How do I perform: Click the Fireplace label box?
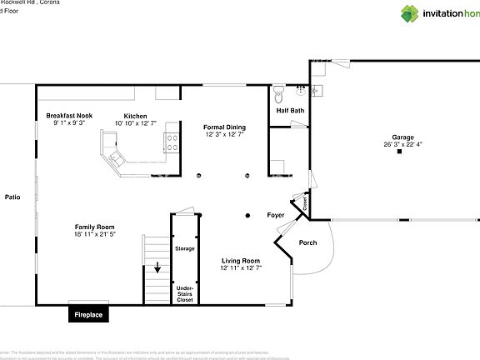pyautogui.click(x=88, y=315)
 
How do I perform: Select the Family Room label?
pyautogui.click(x=94, y=227)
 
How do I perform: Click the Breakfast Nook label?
pyautogui.click(x=69, y=116)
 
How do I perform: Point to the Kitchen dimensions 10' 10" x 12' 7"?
pyautogui.click(x=135, y=123)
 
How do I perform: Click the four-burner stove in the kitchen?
pyautogui.click(x=172, y=142)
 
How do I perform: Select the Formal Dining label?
pyautogui.click(x=224, y=127)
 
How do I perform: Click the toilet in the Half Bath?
pyautogui.click(x=279, y=92)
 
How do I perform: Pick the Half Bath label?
pyautogui.click(x=290, y=111)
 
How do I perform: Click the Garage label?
pyautogui.click(x=403, y=137)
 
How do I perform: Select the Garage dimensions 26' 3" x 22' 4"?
pyautogui.click(x=403, y=144)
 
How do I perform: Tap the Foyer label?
pyautogui.click(x=275, y=215)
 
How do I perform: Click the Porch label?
pyautogui.click(x=307, y=243)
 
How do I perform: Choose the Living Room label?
pyautogui.click(x=240, y=261)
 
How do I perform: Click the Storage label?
pyautogui.click(x=184, y=248)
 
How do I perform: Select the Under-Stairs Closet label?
pyautogui.click(x=184, y=293)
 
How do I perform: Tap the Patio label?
pyautogui.click(x=12, y=197)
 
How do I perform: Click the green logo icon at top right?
pyautogui.click(x=411, y=12)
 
